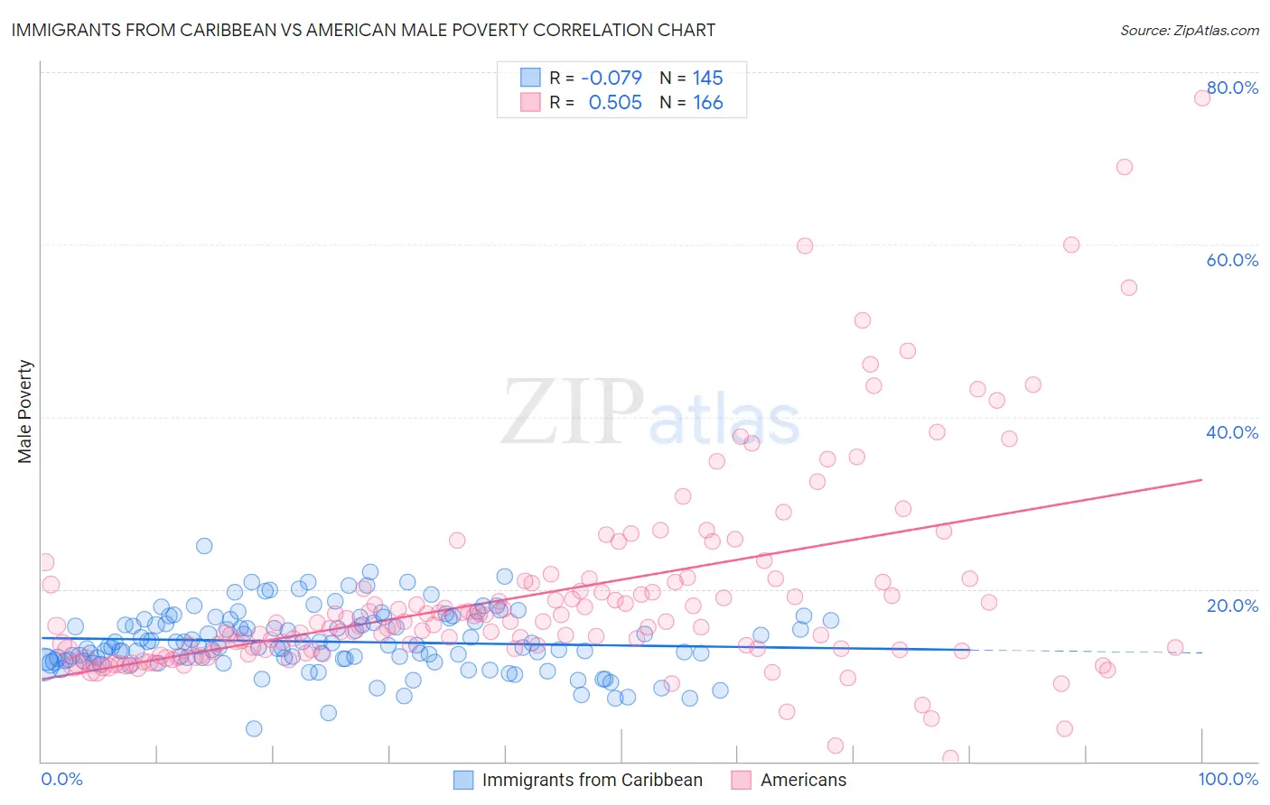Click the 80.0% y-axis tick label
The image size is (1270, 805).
pos(1232,88)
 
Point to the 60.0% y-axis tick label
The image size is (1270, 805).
pos(1232,260)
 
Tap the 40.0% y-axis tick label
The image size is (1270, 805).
pos(1232,432)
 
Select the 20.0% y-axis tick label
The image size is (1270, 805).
pos(1232,606)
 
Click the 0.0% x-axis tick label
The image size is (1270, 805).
pos(61,779)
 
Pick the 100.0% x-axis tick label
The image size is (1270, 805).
pos(1228,779)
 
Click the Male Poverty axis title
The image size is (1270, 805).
pos(25,412)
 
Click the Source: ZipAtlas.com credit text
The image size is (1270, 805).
pos(1189,30)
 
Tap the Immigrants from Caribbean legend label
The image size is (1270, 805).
pos(592,780)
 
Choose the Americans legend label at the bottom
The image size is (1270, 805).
pos(803,780)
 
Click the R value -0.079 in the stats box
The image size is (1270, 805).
pos(612,78)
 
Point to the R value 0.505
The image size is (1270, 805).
pos(615,103)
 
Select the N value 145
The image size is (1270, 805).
pos(708,78)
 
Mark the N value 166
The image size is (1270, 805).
pos(708,103)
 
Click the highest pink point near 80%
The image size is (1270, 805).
pos(1202,97)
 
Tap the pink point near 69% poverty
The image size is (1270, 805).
pos(1125,167)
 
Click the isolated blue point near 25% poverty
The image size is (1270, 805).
pos(204,546)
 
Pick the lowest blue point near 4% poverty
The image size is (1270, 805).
pos(254,728)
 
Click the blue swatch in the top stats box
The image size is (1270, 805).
pos(530,78)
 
